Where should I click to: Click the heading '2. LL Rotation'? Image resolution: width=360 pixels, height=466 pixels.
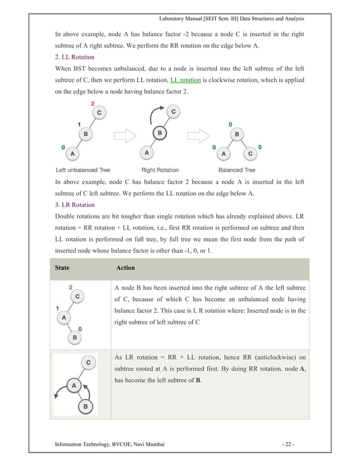74,58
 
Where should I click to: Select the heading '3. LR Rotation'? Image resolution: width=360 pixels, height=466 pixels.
74,204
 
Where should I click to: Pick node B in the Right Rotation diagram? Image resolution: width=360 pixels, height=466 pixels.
160,134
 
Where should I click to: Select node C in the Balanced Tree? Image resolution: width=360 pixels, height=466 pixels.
251,152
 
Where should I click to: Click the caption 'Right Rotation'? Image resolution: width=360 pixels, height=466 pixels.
161,170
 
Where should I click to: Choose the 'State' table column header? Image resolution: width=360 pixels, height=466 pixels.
63,269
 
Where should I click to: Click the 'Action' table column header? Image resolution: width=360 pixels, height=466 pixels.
125,269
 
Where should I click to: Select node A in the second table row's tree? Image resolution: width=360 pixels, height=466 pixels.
73,386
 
